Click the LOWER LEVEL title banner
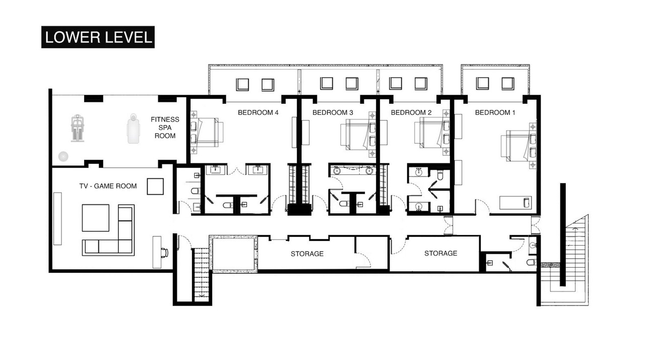point(98,37)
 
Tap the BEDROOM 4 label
point(258,112)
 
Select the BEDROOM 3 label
point(333,112)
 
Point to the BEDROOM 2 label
point(411,112)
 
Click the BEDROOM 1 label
point(495,112)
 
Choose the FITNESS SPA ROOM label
point(165,128)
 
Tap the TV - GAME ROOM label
point(108,186)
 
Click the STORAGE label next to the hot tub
point(307,254)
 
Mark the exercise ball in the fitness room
point(63,156)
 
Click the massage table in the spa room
point(134,129)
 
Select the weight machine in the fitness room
point(78,128)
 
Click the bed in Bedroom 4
point(207,133)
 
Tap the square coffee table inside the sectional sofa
point(96,218)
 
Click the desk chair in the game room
point(164,253)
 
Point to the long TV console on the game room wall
point(57,219)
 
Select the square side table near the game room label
point(155,187)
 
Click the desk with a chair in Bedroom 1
point(515,203)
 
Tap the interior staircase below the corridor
point(201,275)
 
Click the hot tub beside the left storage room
point(233,253)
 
